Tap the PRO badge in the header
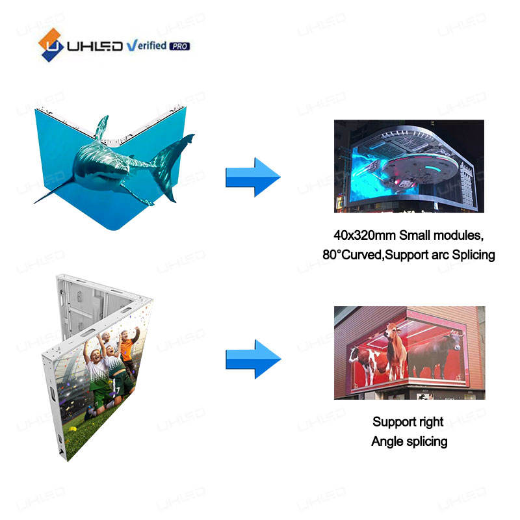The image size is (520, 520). pos(179,46)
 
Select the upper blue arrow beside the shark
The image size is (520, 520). pos(252,177)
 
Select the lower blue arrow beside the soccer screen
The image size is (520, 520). pos(252,359)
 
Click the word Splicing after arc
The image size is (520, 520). pos(471,254)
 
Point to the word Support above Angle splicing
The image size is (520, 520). pos(388,421)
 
